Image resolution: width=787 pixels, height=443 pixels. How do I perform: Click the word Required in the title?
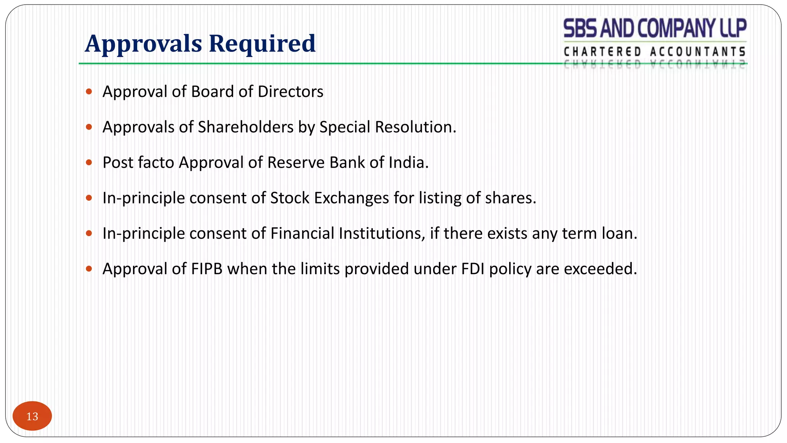pos(262,43)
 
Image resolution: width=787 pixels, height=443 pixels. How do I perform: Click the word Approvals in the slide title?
pos(143,43)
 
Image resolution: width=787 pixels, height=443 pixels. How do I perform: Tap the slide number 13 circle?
pos(32,416)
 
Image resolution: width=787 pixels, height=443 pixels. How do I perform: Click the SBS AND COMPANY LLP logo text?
pos(655,28)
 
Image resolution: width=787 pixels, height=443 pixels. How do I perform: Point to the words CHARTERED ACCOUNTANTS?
pos(655,52)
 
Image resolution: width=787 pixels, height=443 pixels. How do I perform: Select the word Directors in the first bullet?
pos(291,92)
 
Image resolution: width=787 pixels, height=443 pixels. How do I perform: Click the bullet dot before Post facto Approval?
pos(89,163)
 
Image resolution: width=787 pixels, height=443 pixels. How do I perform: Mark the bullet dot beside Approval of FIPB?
pos(89,269)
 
